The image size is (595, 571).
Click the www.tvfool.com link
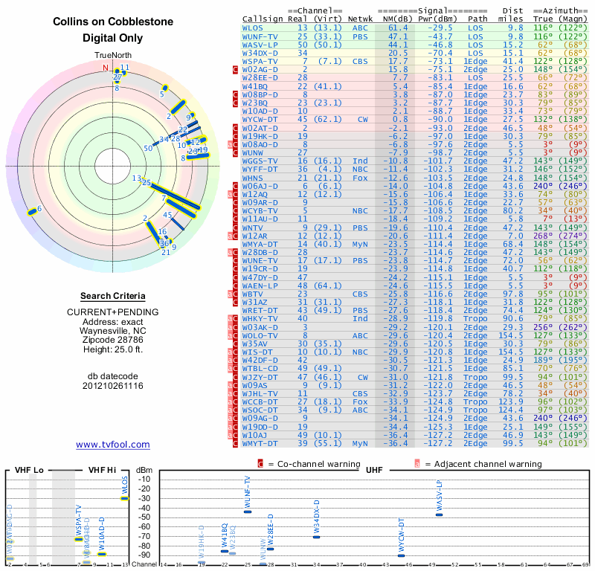tap(113, 445)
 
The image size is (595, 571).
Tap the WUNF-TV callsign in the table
tap(260, 36)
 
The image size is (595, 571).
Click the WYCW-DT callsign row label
tap(260, 118)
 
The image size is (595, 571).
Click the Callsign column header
tap(263, 18)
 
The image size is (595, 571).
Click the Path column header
tap(478, 18)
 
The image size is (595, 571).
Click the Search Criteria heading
tap(114, 296)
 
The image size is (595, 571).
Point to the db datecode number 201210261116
tap(114, 386)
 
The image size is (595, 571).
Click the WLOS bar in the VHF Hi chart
tap(124, 498)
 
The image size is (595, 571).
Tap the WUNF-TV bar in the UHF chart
tap(248, 512)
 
